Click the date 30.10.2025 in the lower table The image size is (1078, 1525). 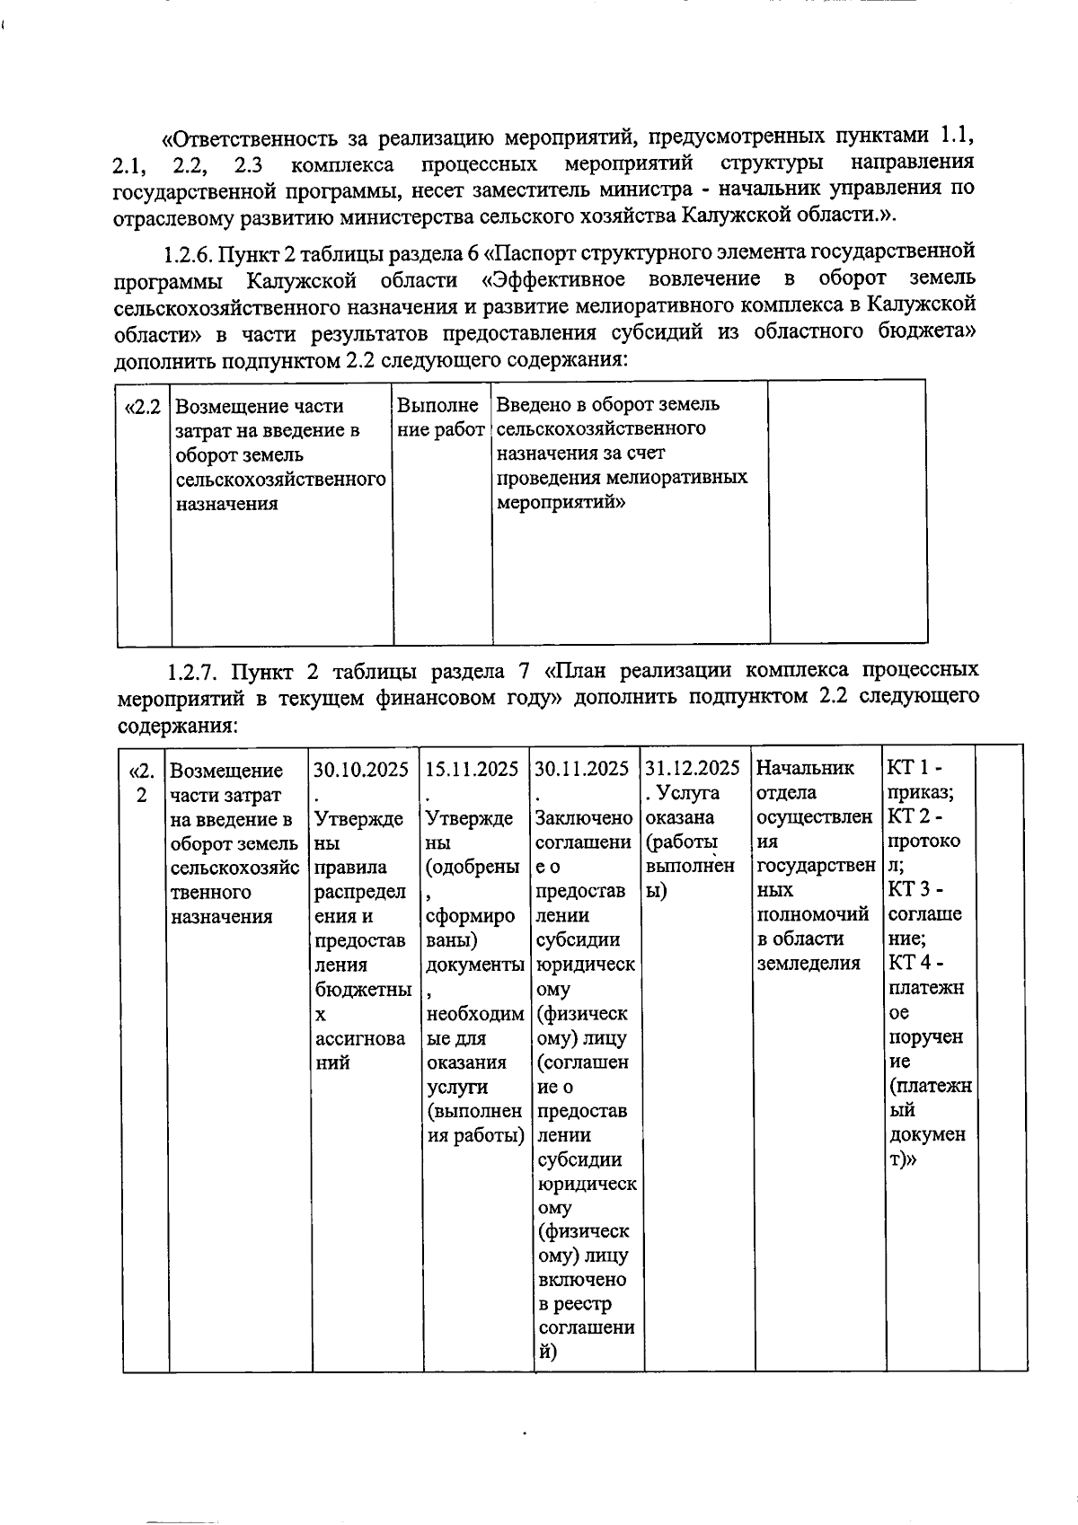[361, 770]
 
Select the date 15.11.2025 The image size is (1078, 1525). [472, 770]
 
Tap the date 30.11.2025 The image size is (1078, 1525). [582, 770]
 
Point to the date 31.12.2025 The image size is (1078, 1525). [693, 769]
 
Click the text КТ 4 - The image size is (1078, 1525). [915, 963]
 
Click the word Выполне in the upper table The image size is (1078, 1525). [437, 406]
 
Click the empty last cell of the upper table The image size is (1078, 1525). [848, 512]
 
